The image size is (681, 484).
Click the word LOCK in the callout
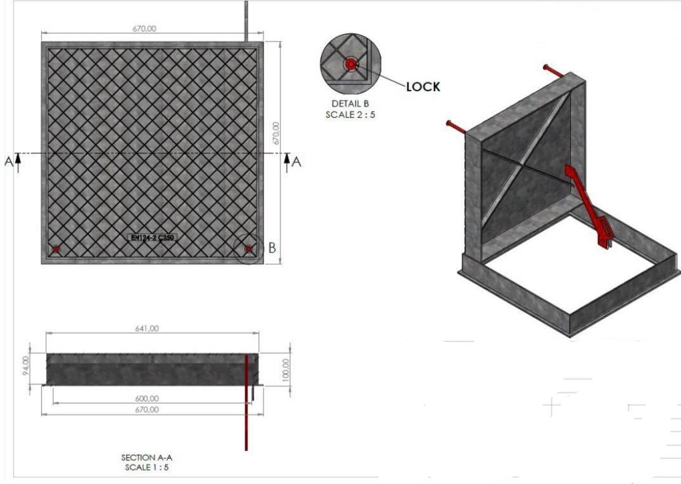423,87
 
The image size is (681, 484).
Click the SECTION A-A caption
146,457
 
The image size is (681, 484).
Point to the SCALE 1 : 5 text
146,468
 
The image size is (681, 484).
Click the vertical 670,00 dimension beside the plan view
276,134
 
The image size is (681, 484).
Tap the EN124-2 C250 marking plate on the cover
151,238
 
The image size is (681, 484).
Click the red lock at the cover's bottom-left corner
56,249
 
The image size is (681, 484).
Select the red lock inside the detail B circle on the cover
248,249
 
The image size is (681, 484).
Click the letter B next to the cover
272,248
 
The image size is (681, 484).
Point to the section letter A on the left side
9,161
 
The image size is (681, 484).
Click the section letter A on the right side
296,161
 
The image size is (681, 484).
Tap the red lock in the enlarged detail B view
350,64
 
